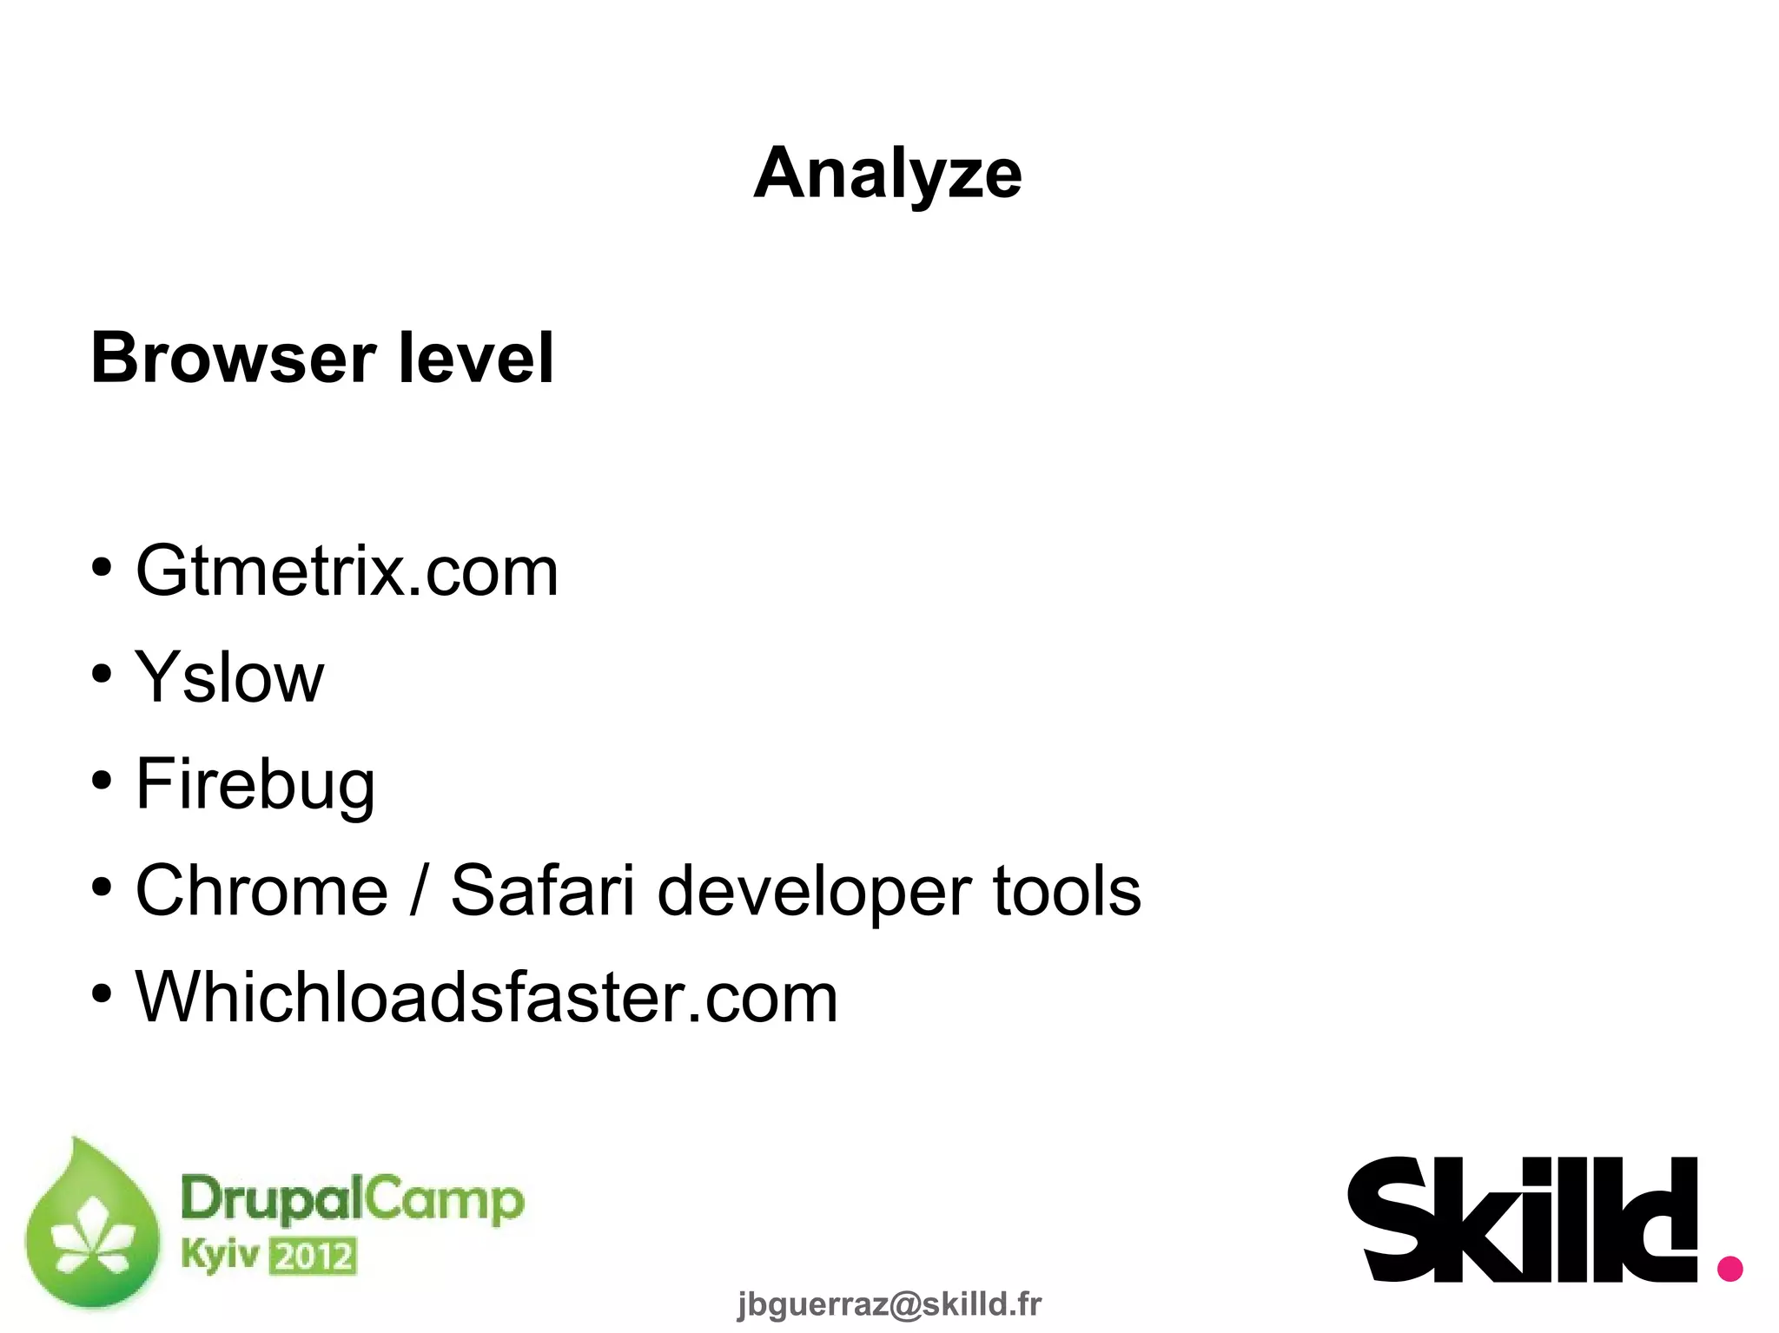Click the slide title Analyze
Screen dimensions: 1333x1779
[x=888, y=174]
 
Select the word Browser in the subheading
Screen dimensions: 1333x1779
[x=233, y=358]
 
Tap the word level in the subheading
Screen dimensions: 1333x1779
[x=475, y=358]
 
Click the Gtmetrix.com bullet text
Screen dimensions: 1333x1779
[x=347, y=571]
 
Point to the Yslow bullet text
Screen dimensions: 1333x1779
[x=229, y=677]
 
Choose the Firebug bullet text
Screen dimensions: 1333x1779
[x=255, y=784]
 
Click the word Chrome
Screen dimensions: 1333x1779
[x=261, y=890]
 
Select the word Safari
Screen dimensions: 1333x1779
[x=542, y=890]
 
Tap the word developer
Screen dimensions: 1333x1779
[x=814, y=892]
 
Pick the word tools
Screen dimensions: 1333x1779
[x=1066, y=890]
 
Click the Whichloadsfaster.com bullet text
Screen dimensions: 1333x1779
[x=486, y=997]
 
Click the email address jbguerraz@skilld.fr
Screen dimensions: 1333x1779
[x=889, y=1303]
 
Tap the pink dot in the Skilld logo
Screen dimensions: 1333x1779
[x=1729, y=1268]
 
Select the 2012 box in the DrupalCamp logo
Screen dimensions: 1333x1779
[x=312, y=1257]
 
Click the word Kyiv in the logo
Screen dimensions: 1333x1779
[x=220, y=1255]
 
